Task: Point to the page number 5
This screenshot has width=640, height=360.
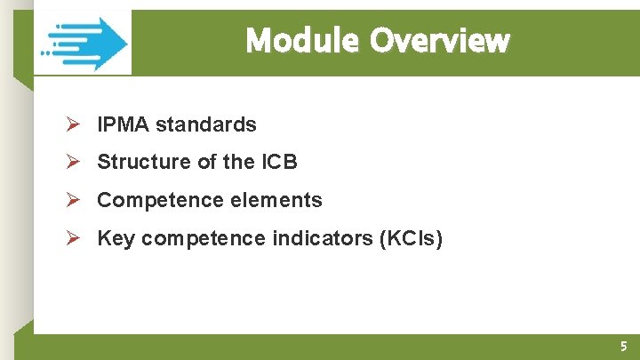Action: (623, 347)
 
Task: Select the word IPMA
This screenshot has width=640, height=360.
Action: (124, 124)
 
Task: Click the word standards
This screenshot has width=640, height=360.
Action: (206, 124)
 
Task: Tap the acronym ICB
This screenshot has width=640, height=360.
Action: (279, 162)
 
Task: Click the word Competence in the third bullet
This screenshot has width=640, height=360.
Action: (148, 200)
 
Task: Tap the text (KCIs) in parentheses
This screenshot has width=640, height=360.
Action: (412, 238)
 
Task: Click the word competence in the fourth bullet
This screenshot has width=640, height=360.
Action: (203, 238)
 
